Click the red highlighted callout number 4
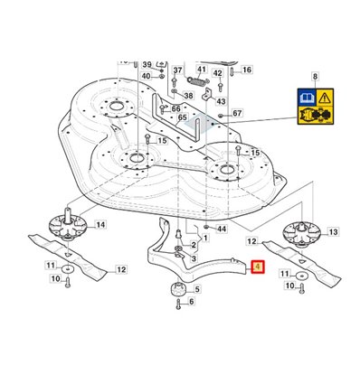(258, 267)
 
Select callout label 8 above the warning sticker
(315, 77)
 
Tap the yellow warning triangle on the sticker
(325, 98)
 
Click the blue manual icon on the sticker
(307, 98)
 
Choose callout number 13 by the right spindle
(333, 232)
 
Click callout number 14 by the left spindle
(100, 224)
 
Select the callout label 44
(222, 229)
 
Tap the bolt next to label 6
(178, 304)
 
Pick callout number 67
(237, 113)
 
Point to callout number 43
(221, 101)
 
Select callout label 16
(247, 70)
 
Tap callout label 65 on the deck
(183, 117)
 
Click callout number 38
(188, 96)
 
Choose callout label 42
(218, 73)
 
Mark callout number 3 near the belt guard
(194, 258)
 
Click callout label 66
(175, 108)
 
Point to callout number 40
(146, 76)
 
